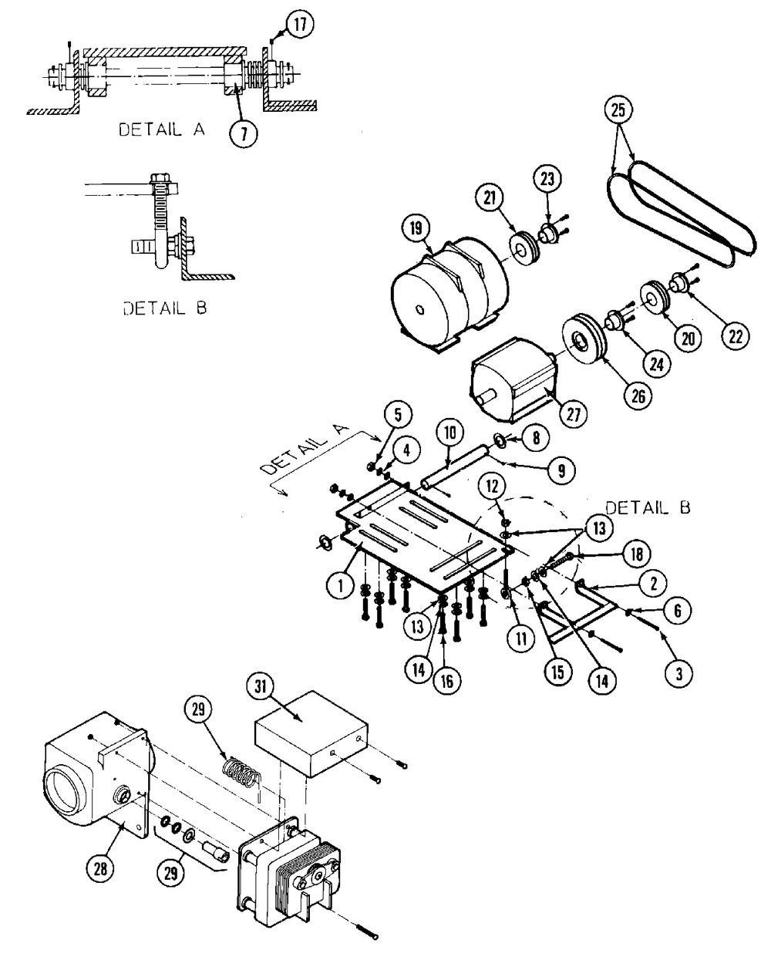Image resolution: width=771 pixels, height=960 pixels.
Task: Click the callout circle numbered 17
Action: [299, 25]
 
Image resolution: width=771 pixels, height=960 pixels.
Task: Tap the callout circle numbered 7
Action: [244, 134]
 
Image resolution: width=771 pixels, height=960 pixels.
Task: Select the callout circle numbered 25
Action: [618, 110]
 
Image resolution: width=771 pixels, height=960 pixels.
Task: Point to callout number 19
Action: [416, 229]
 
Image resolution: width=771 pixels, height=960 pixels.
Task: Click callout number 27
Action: [573, 413]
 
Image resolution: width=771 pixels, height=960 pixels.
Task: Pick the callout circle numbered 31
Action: [261, 686]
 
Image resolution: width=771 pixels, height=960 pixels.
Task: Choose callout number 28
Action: [101, 868]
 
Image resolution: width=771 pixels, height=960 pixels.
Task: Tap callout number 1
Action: [341, 584]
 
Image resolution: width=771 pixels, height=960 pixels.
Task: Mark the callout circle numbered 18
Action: [637, 554]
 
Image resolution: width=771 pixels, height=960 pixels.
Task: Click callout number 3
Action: [679, 674]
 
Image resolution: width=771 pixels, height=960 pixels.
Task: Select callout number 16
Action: [446, 681]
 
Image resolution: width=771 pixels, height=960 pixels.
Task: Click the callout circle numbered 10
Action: [450, 433]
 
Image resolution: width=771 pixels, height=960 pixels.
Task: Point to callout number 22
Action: [735, 336]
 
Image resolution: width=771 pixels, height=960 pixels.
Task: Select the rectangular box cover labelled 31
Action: [311, 734]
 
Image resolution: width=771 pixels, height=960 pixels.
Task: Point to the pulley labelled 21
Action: [525, 248]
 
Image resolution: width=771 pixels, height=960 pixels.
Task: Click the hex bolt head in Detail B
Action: [159, 180]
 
